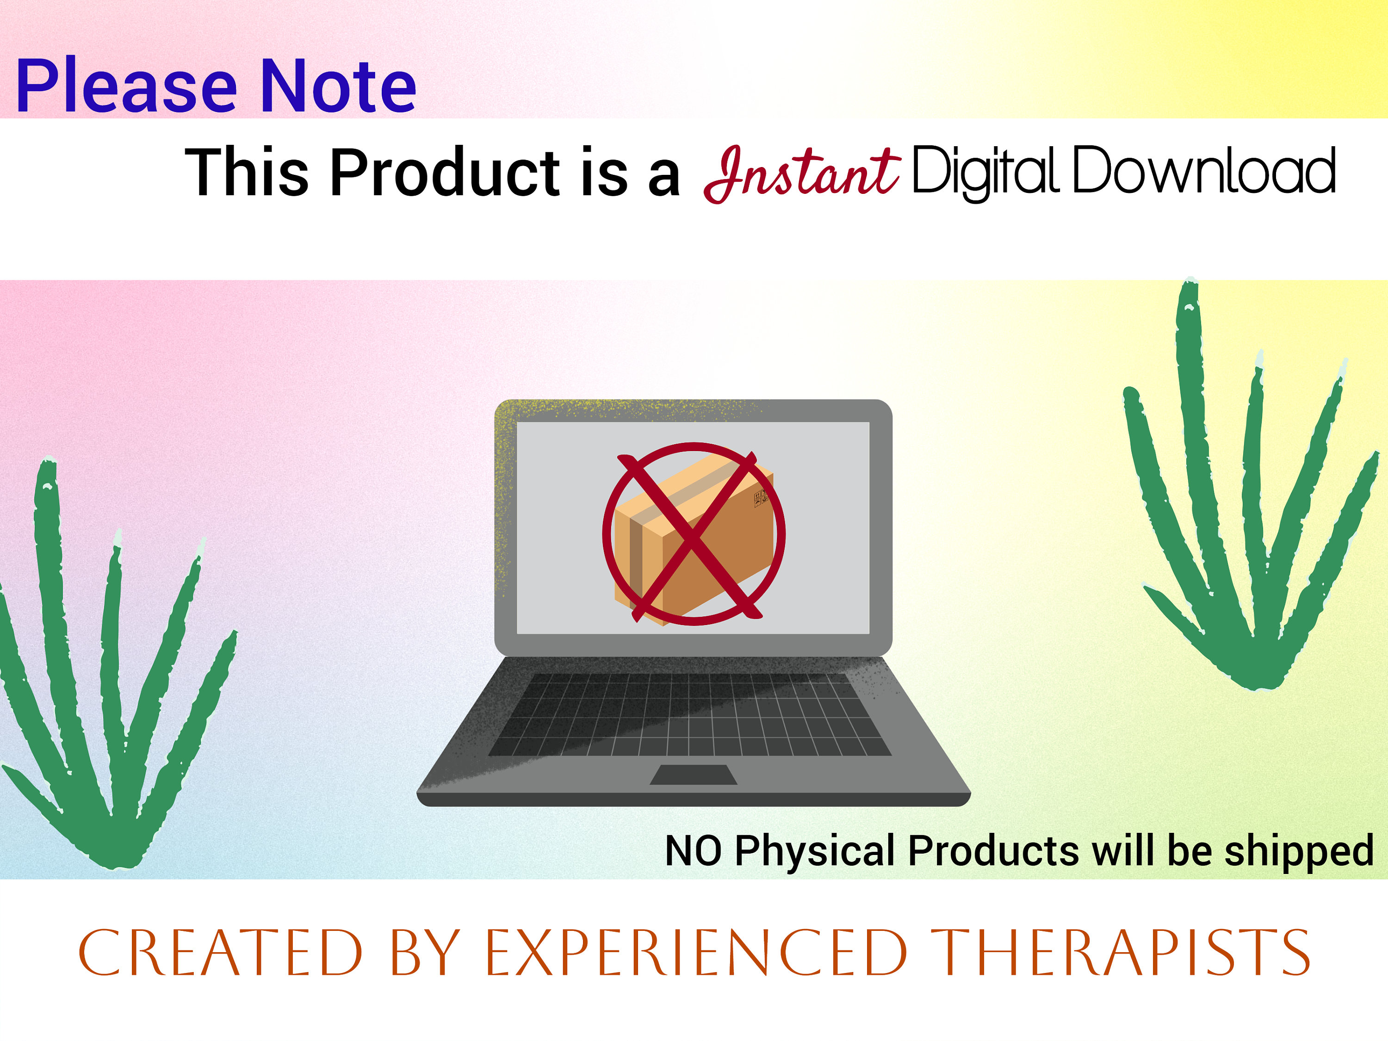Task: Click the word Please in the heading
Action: tap(125, 86)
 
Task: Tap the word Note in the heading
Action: tap(338, 86)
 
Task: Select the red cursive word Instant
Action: tap(801, 173)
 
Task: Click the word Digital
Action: tap(985, 171)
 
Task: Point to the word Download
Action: tap(1203, 171)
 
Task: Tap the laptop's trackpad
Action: tap(694, 775)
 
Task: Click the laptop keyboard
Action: tap(690, 715)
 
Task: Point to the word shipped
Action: tap(1299, 852)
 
